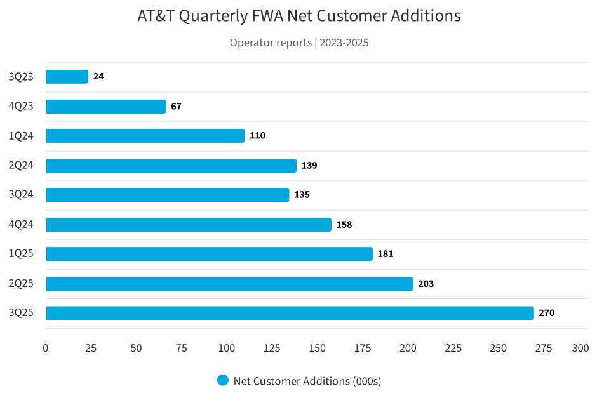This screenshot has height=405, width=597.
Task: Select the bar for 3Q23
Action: coord(67,77)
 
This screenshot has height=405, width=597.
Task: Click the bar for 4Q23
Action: coord(106,107)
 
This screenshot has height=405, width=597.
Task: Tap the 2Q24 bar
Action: coord(171,166)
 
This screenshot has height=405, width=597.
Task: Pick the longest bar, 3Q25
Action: coord(290,313)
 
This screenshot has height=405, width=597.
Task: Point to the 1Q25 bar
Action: coord(209,254)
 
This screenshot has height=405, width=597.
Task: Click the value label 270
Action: coord(546,313)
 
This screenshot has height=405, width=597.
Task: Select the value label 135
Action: coord(302,195)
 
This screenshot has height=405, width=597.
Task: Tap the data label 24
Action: coord(98,77)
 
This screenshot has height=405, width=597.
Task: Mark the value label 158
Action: coord(344,225)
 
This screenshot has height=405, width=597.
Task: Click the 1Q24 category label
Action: coord(21,136)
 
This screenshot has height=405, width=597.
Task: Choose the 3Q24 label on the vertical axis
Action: coord(21,195)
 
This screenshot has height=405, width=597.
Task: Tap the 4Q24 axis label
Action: coord(21,225)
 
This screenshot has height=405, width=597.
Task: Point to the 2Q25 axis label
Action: coord(21,284)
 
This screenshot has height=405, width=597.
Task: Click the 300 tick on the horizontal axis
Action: coord(580,349)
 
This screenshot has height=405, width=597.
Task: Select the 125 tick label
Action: coord(272,349)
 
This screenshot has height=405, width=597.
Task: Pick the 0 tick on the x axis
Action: coord(46,349)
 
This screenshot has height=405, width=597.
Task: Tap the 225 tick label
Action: coord(453,349)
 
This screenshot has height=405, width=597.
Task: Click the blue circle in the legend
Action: coord(222,380)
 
